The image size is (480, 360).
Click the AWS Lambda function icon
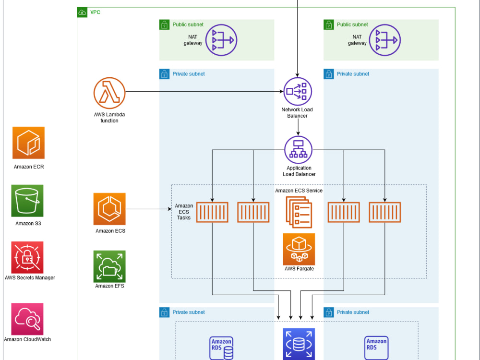click(x=109, y=93)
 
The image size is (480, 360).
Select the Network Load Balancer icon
click(x=298, y=91)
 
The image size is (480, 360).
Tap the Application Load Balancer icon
click(x=299, y=150)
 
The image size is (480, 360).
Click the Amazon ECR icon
click(x=28, y=143)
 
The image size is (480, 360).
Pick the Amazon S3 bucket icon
click(x=27, y=201)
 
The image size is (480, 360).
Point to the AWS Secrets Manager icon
click(x=27, y=257)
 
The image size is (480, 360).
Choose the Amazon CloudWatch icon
click(x=27, y=319)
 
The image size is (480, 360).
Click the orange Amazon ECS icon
click(x=109, y=209)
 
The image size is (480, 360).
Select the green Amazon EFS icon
click(x=109, y=266)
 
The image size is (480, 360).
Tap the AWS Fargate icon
click(x=299, y=249)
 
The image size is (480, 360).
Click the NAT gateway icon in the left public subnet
click(x=221, y=40)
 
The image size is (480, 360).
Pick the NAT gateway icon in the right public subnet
click(x=385, y=40)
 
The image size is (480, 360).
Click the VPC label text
click(x=95, y=12)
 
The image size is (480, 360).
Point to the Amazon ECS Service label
click(x=299, y=191)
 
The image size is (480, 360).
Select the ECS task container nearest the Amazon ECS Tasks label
click(x=212, y=212)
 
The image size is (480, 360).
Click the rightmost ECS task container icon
click(x=385, y=212)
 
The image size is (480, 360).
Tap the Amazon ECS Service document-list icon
click(x=299, y=212)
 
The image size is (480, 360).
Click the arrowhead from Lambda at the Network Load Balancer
click(x=281, y=91)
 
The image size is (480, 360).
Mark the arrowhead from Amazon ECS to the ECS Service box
click(x=169, y=209)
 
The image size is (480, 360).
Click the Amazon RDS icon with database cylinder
click(x=221, y=348)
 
